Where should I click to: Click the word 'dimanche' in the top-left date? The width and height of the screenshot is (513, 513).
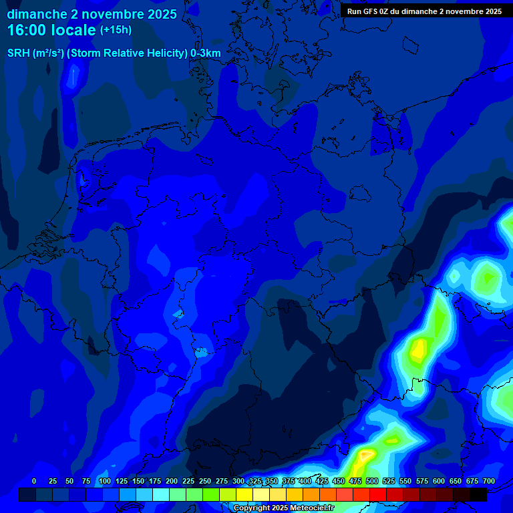37,13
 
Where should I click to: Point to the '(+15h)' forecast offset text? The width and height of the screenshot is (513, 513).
116,29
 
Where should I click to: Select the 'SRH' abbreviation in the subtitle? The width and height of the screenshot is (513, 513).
18,53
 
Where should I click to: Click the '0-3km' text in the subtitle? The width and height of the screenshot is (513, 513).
205,53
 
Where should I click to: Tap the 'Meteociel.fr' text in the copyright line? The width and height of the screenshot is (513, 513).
311,508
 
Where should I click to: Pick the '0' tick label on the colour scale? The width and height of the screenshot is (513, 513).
34,481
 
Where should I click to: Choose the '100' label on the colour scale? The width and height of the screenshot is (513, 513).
104,481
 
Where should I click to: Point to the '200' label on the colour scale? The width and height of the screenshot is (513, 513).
172,481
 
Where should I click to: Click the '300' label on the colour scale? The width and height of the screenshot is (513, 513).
238,481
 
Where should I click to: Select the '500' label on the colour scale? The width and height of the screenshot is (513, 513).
372,481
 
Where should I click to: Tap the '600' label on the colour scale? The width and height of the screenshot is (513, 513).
439,481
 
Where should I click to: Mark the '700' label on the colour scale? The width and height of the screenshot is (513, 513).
488,481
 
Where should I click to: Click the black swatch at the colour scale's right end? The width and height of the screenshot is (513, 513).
478,494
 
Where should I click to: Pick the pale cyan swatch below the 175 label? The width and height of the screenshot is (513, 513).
161,494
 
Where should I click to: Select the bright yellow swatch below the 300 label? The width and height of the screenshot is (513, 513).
244,494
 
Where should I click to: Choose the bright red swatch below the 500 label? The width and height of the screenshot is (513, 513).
378,494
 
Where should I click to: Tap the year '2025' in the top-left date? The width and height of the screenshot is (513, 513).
160,13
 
